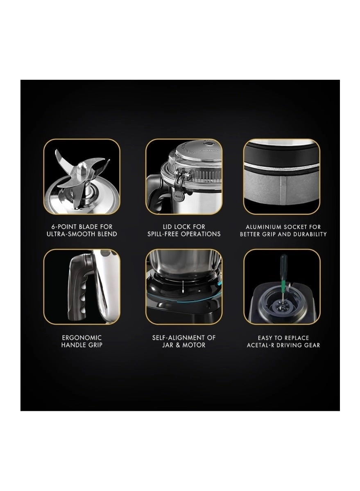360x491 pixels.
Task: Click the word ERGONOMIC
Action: (x=82, y=338)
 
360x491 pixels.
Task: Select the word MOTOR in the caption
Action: (x=194, y=345)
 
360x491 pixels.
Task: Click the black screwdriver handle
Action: (x=283, y=261)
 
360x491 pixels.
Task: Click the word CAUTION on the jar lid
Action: (x=208, y=151)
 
